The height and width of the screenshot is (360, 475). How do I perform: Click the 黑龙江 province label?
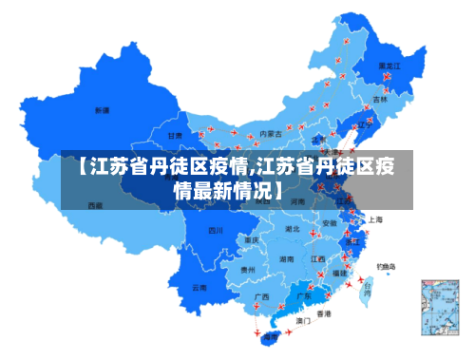pos(389,66)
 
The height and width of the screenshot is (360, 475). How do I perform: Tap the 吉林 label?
pos(380,99)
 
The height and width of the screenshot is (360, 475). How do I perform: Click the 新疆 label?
pos(102,110)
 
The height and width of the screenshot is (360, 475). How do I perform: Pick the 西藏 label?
pos(95,204)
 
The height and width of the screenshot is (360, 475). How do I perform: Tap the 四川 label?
pos(216,230)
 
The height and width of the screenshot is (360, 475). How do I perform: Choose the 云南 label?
pos(199,286)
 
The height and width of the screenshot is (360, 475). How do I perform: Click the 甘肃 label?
pos(175,136)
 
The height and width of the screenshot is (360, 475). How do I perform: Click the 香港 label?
pos(324,313)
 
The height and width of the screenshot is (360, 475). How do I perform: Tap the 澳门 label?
pos(303,321)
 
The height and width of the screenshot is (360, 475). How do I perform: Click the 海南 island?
pos(272,336)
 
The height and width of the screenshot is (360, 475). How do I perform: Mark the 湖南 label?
pos(286,257)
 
